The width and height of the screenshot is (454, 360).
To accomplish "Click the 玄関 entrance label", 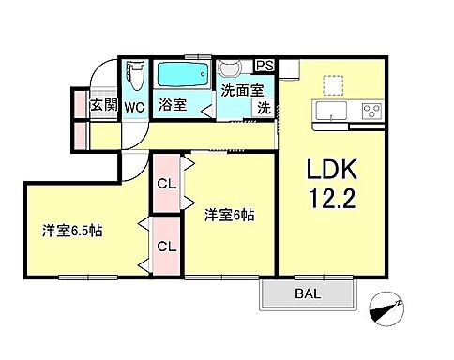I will [103, 106].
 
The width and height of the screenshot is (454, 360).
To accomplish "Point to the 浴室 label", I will [172, 106].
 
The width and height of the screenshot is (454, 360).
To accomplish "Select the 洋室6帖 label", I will [230, 215].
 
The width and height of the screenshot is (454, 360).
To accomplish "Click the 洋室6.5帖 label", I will [71, 230].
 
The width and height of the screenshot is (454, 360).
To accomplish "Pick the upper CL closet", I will [166, 185].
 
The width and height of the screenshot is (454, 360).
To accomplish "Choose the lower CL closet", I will [166, 247].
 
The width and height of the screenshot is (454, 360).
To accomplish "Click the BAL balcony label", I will [306, 296].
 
